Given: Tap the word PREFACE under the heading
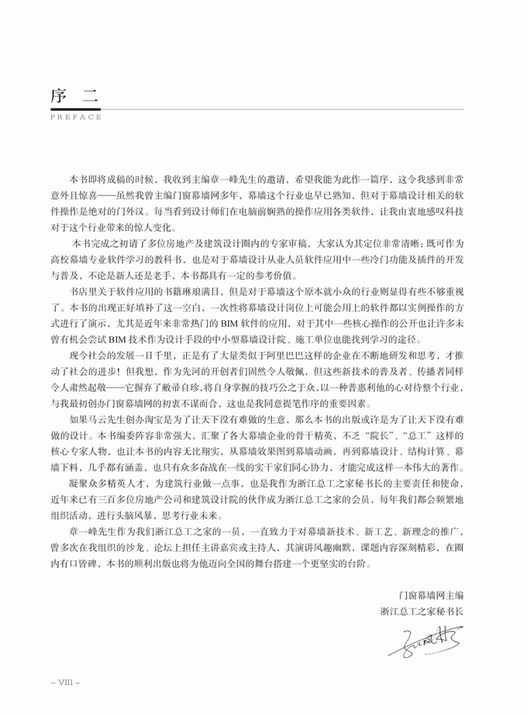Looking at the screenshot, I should point(75,117).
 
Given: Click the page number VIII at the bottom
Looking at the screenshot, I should point(64,683).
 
